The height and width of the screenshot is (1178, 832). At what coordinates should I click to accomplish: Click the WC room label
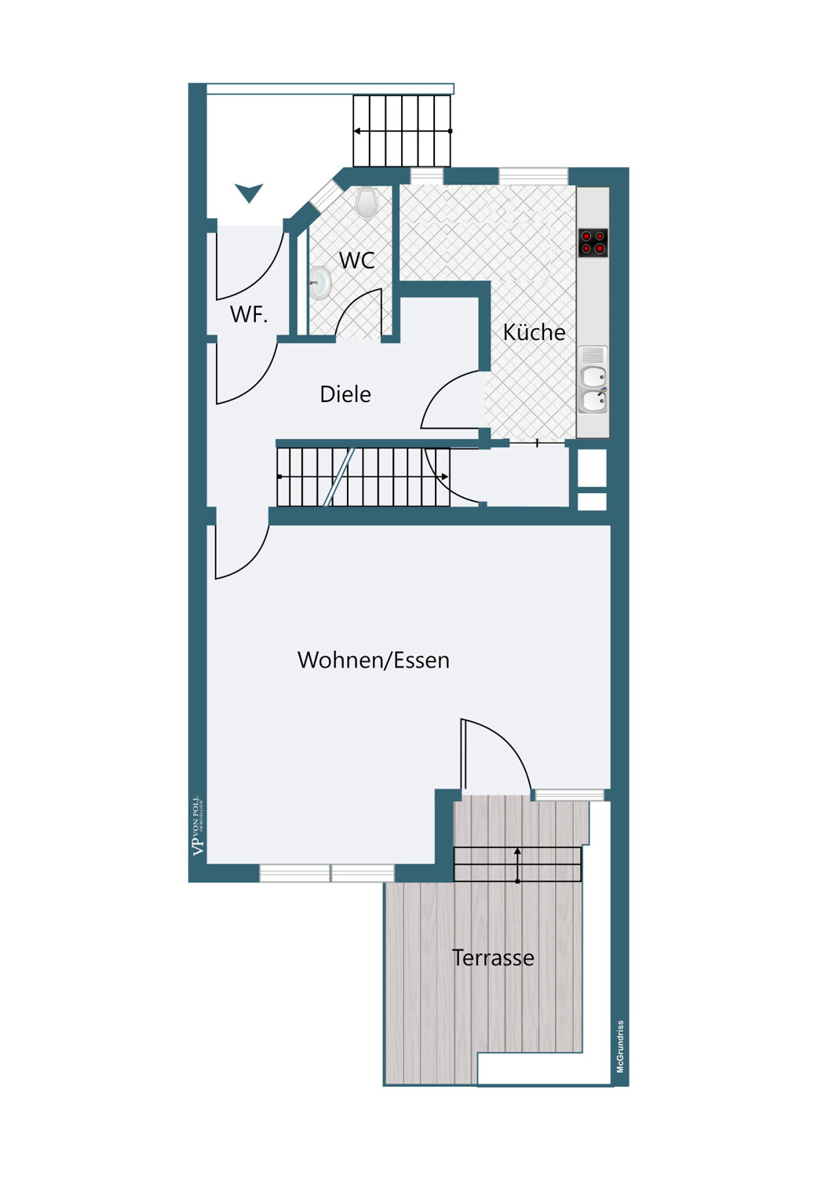pos(357,260)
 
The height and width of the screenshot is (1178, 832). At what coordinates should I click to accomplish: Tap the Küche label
pos(534,332)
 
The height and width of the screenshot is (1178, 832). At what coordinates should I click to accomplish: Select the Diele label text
pos(345,394)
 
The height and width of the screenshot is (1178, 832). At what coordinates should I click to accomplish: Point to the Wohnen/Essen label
pos(373,660)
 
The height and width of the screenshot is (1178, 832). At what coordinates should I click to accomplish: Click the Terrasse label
pos(493,957)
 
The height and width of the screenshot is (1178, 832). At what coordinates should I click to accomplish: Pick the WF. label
pos(249,314)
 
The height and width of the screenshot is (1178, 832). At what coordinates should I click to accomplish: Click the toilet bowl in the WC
pos(367,203)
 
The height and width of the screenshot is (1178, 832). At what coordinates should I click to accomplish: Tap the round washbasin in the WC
pos(319,283)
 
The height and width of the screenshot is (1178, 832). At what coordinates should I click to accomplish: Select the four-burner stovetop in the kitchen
pos(593,243)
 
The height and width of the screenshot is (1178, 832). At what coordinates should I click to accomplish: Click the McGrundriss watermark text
pos(620,1047)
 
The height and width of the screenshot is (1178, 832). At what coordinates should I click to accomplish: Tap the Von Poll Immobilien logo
pos(198,825)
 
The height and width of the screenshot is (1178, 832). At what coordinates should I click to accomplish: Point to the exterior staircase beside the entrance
pos(402,131)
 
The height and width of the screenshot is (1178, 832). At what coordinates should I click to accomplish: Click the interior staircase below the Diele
pos(363,477)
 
